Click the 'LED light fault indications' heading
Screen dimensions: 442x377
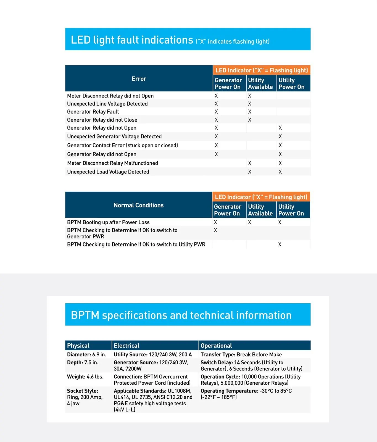pos(132,40)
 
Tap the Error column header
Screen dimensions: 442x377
pos(139,79)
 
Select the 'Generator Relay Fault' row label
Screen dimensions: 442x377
pos(93,112)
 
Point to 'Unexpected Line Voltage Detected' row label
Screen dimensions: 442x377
pos(107,104)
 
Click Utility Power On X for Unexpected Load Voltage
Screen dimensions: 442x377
pos(280,172)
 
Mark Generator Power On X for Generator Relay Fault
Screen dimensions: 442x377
pos(216,112)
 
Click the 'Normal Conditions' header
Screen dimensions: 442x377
pos(138,205)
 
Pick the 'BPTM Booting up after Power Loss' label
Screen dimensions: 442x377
pos(108,222)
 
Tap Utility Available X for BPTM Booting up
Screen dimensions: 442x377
pos(249,222)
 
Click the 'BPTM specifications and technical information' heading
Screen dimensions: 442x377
pos(181,315)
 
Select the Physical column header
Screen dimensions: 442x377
pos(78,346)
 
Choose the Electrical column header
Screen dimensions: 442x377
pos(126,346)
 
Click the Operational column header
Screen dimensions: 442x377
pos(216,346)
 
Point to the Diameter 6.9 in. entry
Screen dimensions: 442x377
pos(86,354)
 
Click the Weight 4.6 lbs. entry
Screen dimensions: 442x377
pos(85,377)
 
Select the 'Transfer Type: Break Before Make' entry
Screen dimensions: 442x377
pos(241,354)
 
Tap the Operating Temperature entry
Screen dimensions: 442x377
pos(246,394)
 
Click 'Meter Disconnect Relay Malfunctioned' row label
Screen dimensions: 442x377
pos(112,163)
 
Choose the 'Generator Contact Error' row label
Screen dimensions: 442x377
pos(122,145)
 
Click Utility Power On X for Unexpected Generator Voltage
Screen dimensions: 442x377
pos(280,136)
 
